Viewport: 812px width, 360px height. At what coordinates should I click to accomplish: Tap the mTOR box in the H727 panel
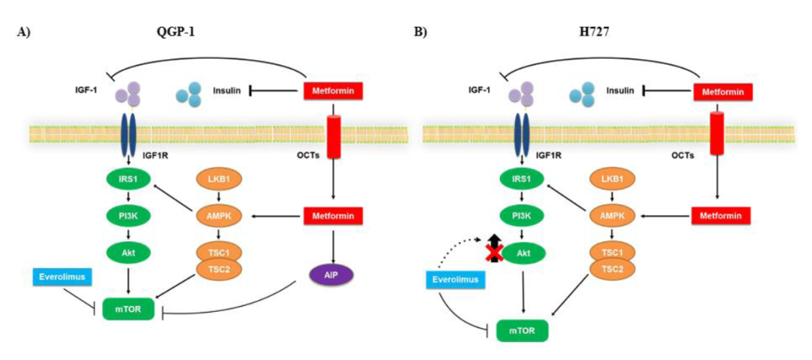pyautogui.click(x=522, y=330)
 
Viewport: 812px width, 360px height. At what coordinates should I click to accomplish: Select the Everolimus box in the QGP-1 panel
pyautogui.click(x=60, y=277)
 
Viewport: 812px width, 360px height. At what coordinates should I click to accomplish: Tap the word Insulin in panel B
pyautogui.click(x=620, y=91)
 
